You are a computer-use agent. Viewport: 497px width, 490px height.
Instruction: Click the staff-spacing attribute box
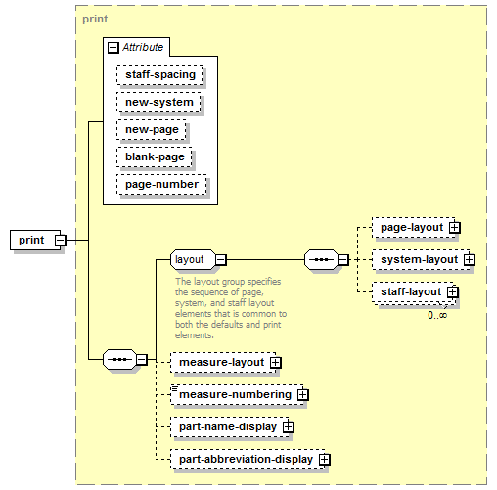159,75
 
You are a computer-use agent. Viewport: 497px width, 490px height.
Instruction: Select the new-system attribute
158,103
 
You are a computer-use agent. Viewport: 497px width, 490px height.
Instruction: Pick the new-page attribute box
152,130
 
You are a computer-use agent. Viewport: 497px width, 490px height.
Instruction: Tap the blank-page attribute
155,157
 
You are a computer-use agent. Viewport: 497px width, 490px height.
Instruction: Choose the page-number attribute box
161,185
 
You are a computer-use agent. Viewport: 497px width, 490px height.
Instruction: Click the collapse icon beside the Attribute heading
113,48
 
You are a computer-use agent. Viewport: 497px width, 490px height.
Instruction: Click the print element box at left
35,240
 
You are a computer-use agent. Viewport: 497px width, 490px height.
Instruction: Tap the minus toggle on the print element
61,241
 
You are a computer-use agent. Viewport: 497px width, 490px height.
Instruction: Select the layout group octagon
193,259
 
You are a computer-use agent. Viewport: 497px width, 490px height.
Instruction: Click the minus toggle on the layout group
221,260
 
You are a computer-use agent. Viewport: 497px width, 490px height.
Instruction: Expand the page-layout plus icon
455,228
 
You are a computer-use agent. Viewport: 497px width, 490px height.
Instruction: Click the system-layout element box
421,260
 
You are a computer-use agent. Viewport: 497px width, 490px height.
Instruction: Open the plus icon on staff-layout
453,292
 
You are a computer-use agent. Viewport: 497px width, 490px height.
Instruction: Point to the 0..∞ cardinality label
437,315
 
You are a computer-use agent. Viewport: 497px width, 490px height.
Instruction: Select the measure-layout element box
223,362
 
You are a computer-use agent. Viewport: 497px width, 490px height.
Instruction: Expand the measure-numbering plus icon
303,395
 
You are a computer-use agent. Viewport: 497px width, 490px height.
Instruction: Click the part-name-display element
230,426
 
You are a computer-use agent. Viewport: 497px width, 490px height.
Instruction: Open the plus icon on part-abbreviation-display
325,460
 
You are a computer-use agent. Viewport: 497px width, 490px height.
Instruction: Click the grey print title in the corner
95,19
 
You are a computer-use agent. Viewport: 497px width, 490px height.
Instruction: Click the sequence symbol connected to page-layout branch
321,259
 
